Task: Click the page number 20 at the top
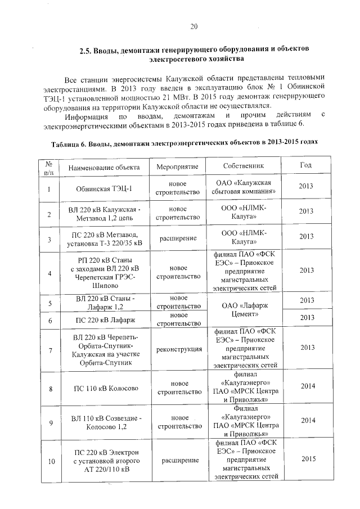tap(193, 26)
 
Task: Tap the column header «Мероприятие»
tap(178, 167)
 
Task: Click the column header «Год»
tap(305, 165)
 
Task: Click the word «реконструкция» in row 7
tap(179, 349)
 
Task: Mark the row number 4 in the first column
tap(49, 273)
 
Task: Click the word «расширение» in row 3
tap(178, 238)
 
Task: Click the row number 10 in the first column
tap(51, 462)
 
